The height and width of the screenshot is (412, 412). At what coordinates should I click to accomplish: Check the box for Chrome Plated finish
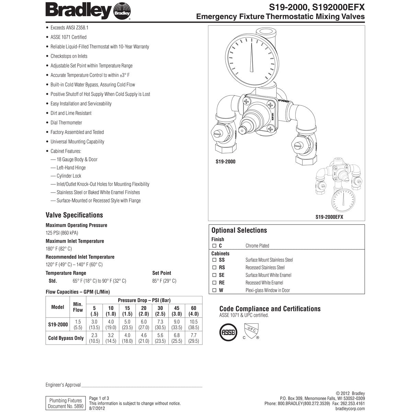pos(214,246)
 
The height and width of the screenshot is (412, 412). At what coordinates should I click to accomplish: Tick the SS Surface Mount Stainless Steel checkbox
pos(214,260)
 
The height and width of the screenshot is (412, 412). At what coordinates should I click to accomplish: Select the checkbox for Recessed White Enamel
pos(214,283)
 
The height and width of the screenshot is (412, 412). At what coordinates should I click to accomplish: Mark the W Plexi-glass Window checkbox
pos(214,290)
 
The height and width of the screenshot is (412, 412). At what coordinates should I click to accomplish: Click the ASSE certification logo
pos(228,332)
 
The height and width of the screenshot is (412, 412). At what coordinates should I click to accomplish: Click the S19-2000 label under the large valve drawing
pos(226,161)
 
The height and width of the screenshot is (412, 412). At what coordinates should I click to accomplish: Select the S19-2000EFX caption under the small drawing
pos(329,217)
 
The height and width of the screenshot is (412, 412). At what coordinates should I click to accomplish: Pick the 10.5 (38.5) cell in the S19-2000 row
pos(194,324)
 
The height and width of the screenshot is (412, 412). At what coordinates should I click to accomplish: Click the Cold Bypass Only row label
pos(66,338)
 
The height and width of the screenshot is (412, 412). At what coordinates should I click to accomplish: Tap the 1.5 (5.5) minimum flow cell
pos(78,324)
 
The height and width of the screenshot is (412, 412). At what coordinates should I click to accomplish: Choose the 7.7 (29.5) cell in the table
pos(194,338)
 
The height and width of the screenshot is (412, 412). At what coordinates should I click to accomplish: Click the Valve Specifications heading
pos(74,215)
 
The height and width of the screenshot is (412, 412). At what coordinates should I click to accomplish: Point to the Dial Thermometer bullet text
pos(66,123)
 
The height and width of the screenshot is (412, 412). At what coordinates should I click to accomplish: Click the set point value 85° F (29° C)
pos(164,281)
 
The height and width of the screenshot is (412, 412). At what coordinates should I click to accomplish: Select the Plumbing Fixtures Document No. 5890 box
pos(66,403)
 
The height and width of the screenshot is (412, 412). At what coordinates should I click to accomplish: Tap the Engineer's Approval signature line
pos(141,387)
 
